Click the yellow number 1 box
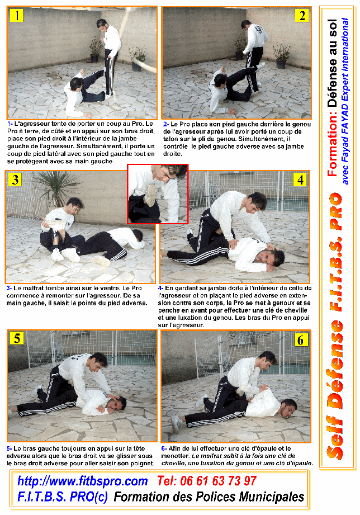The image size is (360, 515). pyautogui.click(x=16, y=15)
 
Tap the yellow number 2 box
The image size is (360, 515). pyautogui.click(x=301, y=16)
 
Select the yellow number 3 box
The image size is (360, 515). pyautogui.click(x=15, y=179)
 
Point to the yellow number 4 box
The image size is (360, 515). pyautogui.click(x=300, y=179)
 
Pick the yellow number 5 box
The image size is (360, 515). pyautogui.click(x=17, y=338)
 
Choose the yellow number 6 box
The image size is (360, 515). pyautogui.click(x=301, y=339)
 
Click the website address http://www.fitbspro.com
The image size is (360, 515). pyautogui.click(x=82, y=481)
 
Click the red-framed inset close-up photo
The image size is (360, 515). pyautogui.click(x=158, y=194)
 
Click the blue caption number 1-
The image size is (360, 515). pyautogui.click(x=10, y=124)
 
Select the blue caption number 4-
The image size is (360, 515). pyautogui.click(x=160, y=288)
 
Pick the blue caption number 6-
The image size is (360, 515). pyautogui.click(x=164, y=448)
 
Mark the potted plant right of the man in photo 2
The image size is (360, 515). pyautogui.click(x=281, y=56)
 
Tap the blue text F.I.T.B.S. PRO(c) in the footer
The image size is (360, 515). pyautogui.click(x=63, y=497)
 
